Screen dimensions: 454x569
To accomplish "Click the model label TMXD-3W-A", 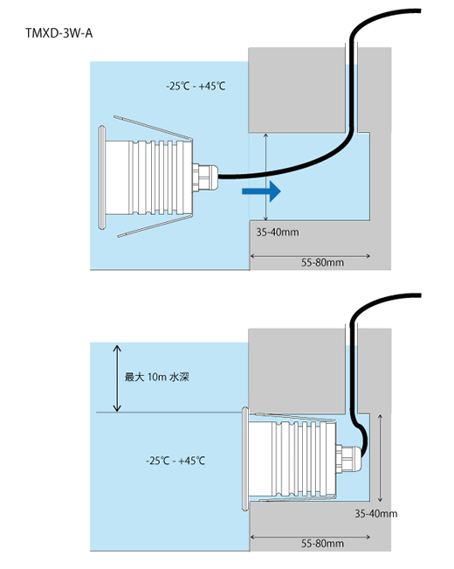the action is coord(58,33).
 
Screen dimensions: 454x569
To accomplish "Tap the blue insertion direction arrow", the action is coord(261,191).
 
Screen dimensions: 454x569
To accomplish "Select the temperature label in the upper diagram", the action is coord(196,87).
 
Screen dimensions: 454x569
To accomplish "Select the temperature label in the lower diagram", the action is coord(175,461).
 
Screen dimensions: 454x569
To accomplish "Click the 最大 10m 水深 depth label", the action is coord(156,377).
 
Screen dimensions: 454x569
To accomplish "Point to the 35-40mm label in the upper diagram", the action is coord(278,232).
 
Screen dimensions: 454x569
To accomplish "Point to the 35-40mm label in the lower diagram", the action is coord(376,513).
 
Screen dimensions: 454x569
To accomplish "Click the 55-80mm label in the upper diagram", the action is coord(322,262).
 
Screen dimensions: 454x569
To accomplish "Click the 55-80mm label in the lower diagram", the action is coord(322,544).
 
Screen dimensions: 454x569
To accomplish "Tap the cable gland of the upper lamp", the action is coord(205,177).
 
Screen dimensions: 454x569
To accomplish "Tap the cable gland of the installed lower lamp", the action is coord(348,459).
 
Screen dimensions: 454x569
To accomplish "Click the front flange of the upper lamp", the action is coord(102,177).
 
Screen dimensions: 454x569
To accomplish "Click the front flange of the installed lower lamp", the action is coord(245,459).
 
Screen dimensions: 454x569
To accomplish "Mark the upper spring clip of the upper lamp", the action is coord(153,128).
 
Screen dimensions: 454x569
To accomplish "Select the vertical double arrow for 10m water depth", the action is coord(117,378).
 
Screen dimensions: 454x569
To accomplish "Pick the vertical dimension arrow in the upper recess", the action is coord(265,177).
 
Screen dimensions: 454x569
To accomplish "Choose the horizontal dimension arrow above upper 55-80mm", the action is coord(310,256).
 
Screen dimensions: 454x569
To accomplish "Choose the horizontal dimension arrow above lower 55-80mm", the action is coord(310,537).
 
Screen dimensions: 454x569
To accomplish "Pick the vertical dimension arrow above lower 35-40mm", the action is coord(380,458).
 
